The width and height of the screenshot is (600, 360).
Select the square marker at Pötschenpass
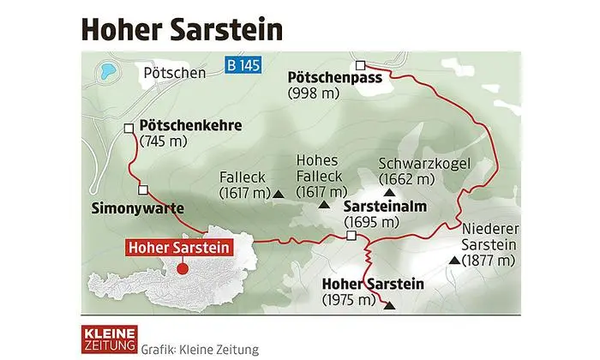click(361, 64)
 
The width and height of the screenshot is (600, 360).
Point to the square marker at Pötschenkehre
click(128, 129)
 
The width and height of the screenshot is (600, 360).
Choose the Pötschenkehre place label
click(190, 125)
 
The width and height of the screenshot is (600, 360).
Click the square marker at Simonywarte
click(143, 190)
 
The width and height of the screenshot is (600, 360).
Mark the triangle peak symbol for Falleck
click(279, 195)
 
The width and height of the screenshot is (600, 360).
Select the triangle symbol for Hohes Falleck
click(323, 205)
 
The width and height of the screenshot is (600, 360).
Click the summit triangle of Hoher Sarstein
click(390, 304)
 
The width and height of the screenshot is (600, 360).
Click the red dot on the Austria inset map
click(182, 267)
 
